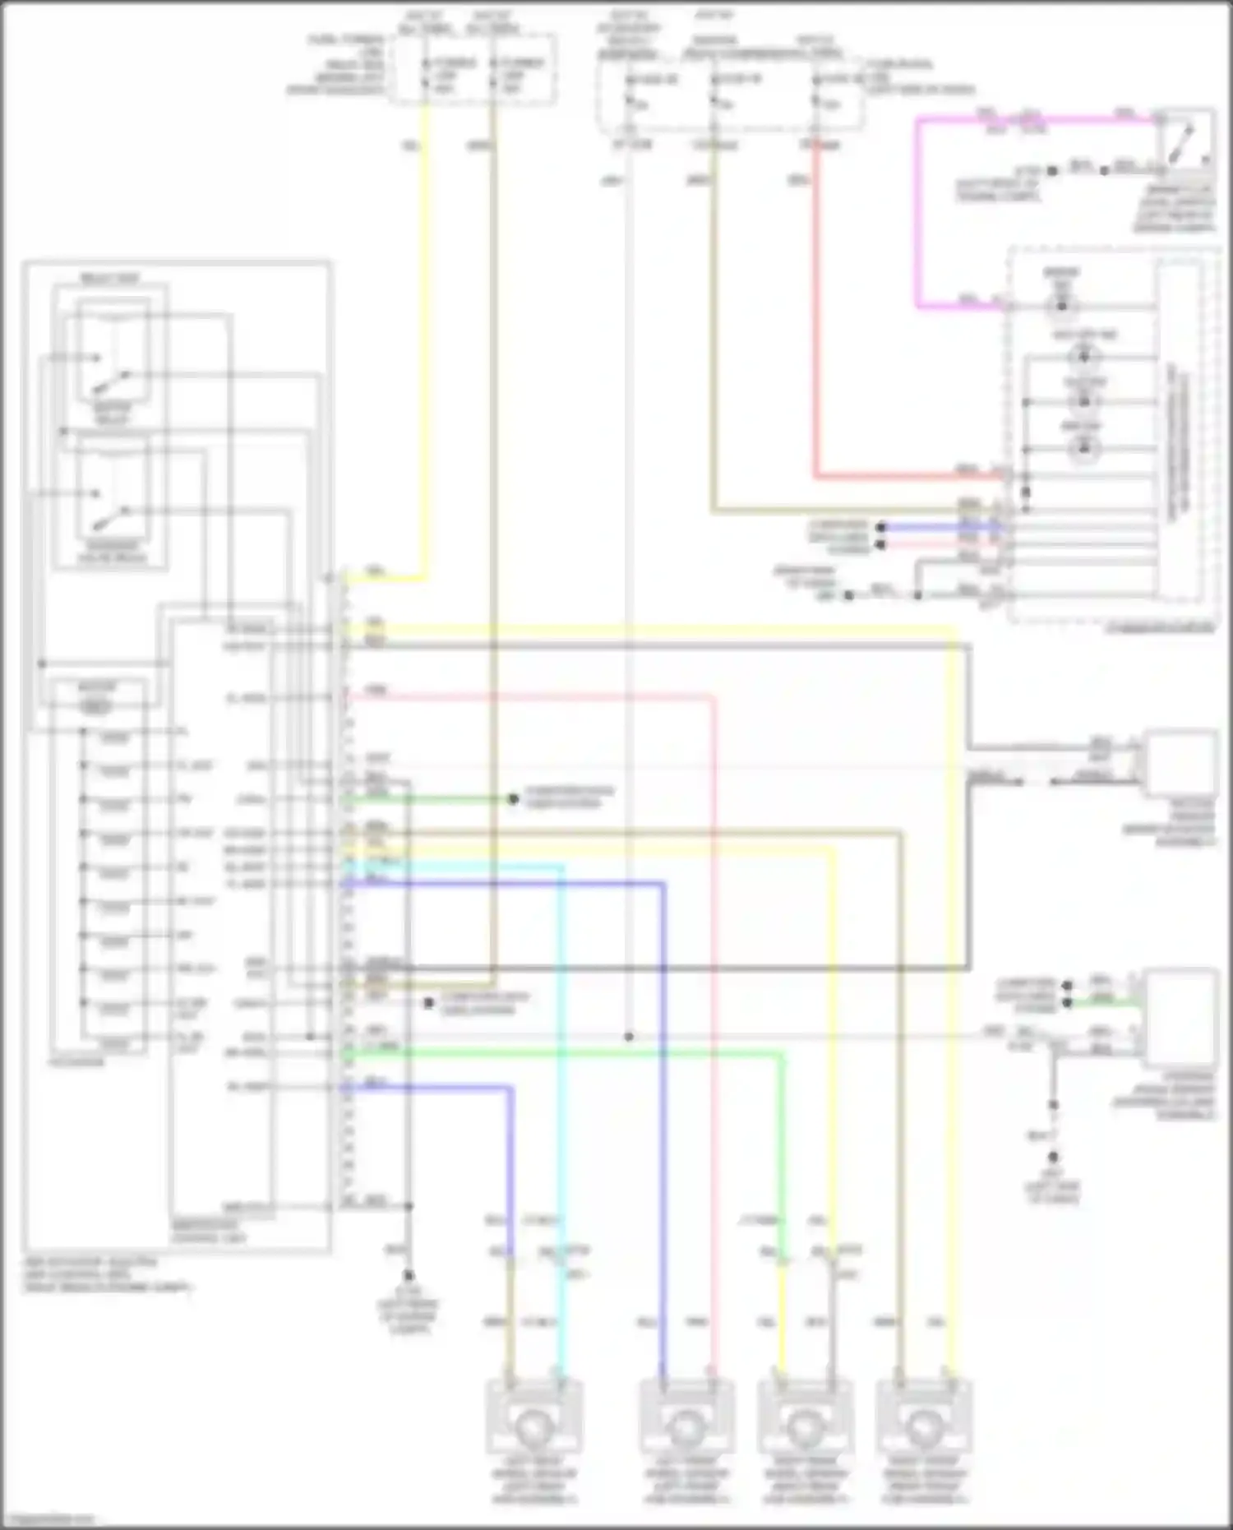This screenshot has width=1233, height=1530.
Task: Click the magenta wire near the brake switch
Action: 918,214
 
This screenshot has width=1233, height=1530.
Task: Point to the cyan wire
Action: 561,1069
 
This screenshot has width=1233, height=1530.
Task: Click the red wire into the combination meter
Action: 815,329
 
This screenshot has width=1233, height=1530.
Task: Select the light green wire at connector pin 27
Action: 575,1052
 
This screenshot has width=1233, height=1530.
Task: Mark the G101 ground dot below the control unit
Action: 409,1276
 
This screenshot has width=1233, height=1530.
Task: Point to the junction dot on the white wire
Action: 629,1037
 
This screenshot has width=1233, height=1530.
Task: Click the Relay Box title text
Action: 109,279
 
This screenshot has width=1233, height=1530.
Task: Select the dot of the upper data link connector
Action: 513,798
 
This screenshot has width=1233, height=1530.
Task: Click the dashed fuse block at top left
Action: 473,70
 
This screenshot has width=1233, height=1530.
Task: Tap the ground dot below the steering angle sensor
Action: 1053,1106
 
